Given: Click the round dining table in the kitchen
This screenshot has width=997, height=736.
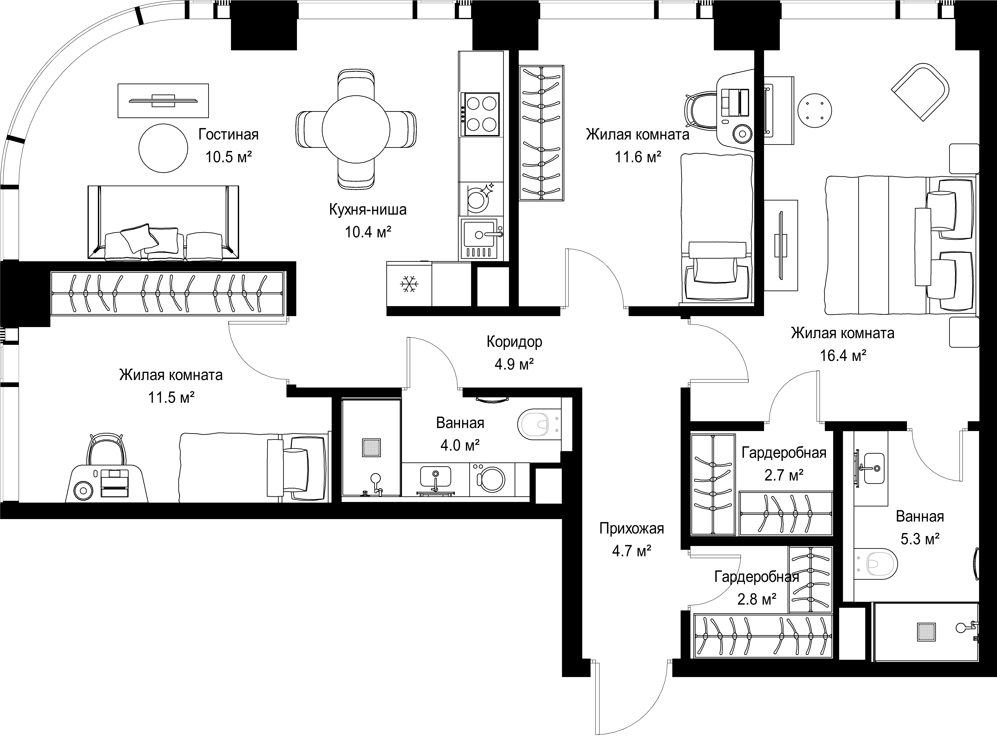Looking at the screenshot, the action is [356, 130].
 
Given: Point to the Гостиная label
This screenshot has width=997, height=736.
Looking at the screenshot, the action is [228, 134].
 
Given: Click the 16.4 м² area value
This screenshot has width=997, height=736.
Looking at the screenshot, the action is [843, 355].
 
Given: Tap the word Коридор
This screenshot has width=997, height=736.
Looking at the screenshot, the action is [514, 342].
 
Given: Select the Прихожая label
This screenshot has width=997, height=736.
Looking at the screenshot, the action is [632, 528].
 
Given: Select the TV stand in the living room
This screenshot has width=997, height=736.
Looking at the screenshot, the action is [163, 101].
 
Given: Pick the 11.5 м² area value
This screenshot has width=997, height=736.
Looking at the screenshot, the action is [171, 397].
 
